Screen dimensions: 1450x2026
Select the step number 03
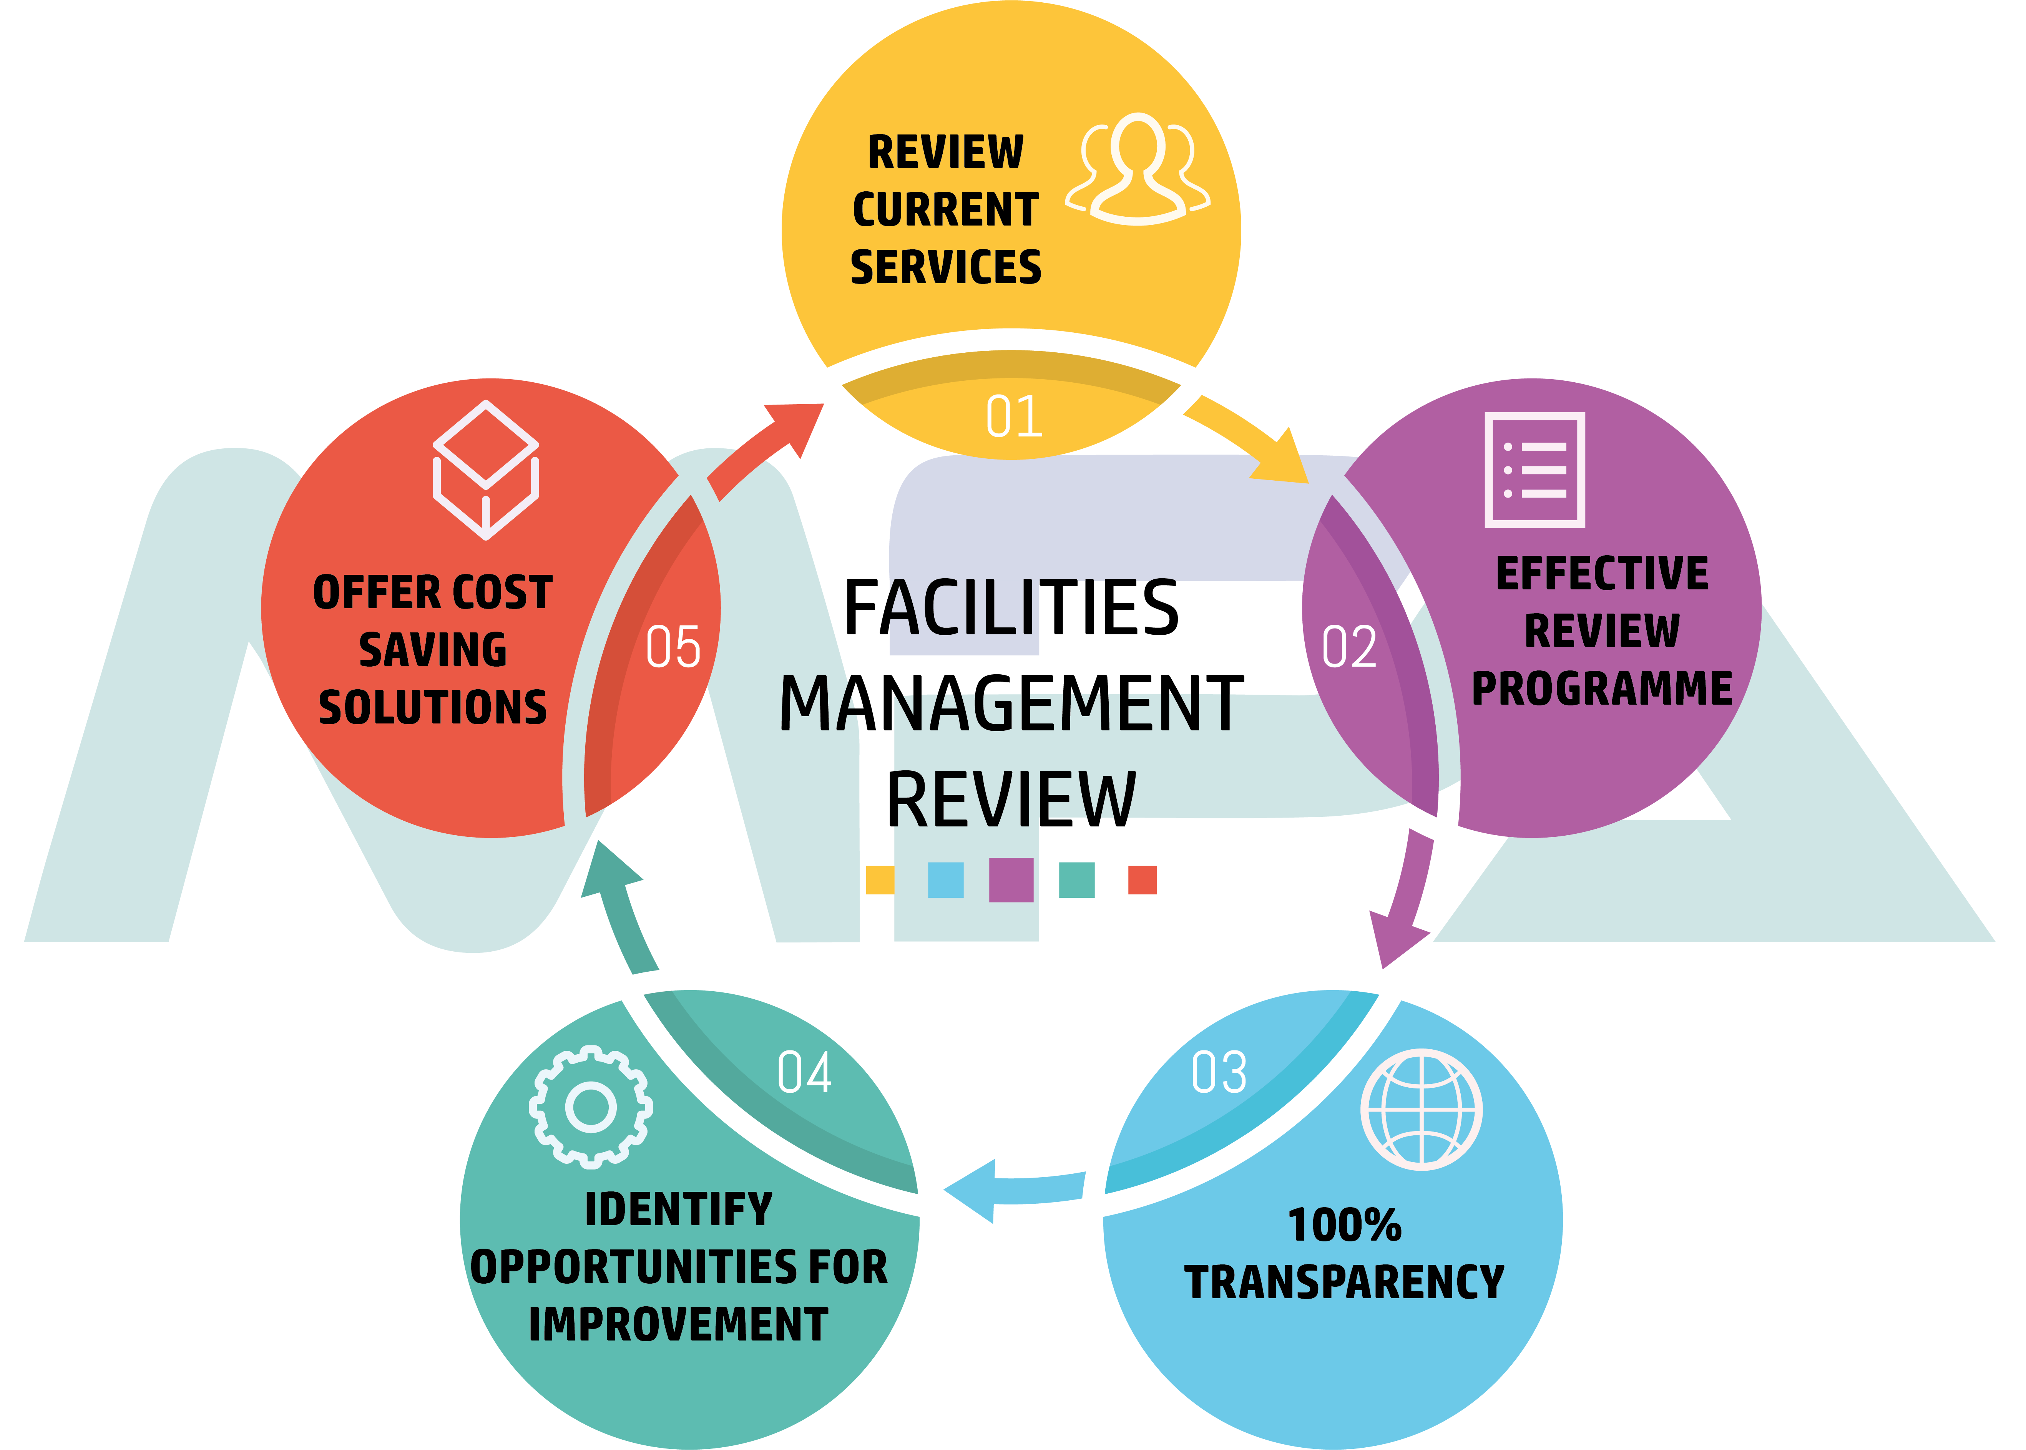tap(1219, 1072)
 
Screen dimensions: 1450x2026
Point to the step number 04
tap(804, 1072)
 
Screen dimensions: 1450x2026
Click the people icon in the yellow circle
tap(1138, 170)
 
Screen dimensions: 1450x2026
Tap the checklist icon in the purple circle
tap(1534, 470)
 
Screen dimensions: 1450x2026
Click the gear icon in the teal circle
tap(590, 1107)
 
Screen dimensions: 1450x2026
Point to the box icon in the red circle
tap(486, 471)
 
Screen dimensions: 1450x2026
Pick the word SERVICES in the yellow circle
tap(946, 267)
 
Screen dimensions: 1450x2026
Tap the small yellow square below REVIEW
tap(880, 879)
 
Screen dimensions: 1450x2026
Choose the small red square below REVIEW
tap(1142, 879)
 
